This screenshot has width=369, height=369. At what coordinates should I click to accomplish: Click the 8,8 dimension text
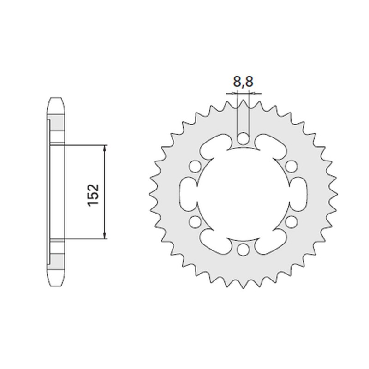click(243, 83)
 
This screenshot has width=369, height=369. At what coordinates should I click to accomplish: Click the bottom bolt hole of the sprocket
click(243, 250)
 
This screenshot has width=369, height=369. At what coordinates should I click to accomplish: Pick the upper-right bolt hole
click(291, 166)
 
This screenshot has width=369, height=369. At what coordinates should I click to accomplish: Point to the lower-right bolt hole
click(291, 222)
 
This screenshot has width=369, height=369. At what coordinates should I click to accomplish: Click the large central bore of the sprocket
click(243, 194)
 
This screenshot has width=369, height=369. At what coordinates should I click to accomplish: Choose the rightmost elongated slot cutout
click(297, 194)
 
